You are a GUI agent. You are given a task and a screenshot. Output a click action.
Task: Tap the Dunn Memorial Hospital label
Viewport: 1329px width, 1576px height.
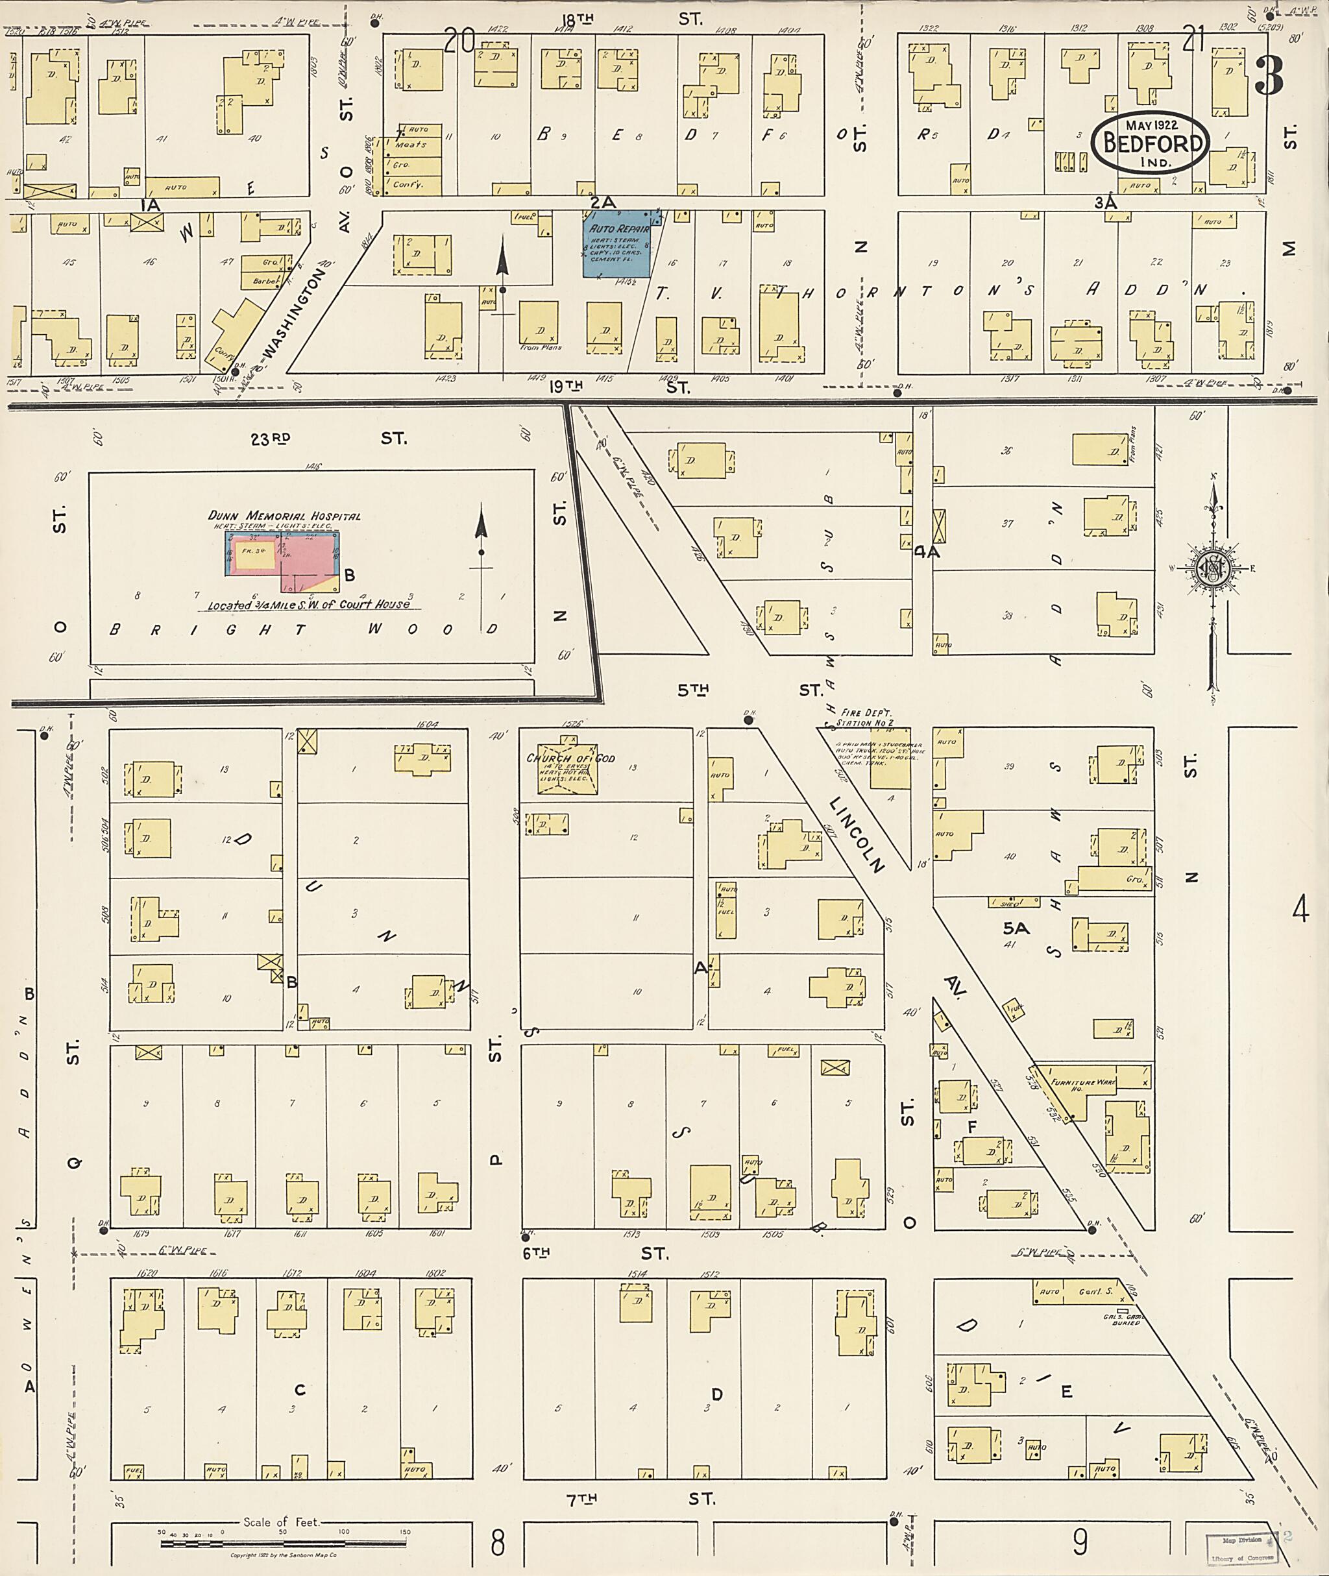coord(284,516)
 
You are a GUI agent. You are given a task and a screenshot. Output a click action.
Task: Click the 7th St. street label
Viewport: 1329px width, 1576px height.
coord(640,1499)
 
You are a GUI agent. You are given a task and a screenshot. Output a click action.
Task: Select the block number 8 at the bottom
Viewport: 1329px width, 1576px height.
coord(497,1543)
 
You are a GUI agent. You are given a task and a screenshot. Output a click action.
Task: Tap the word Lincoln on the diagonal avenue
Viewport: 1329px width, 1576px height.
coord(857,834)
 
